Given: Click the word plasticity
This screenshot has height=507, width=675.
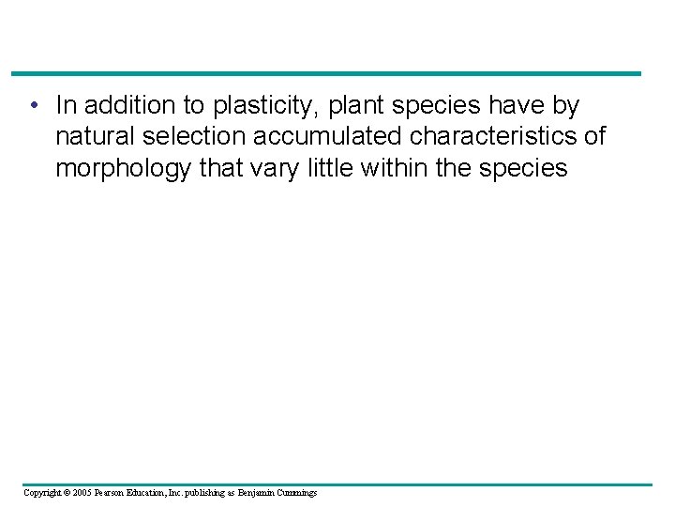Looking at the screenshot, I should coord(270,105).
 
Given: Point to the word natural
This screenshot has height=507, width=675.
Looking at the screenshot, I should coord(95,137).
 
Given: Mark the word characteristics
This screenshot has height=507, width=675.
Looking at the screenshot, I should coord(495,137).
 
